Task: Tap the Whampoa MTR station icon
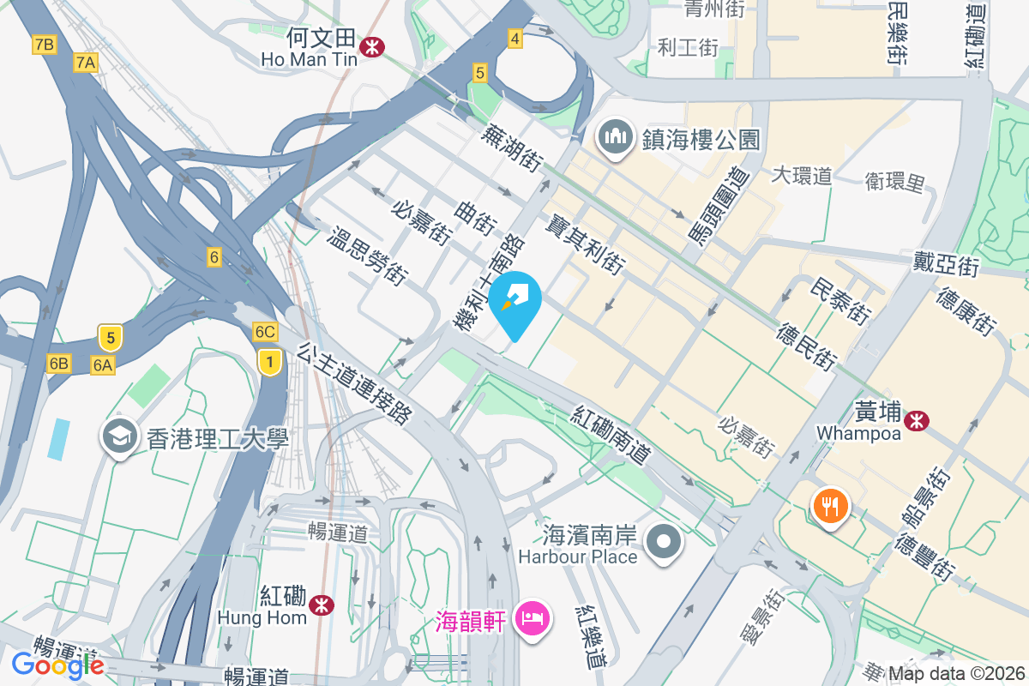point(917,420)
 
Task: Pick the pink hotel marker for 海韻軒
point(533,618)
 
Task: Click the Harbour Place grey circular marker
point(664,543)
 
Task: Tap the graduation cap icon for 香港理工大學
point(120,437)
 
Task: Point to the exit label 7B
point(45,45)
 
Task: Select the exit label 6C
point(265,332)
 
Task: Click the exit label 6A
point(103,365)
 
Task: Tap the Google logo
point(57,665)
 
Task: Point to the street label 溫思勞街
point(366,256)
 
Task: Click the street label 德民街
point(807,346)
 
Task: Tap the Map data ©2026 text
point(956,673)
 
